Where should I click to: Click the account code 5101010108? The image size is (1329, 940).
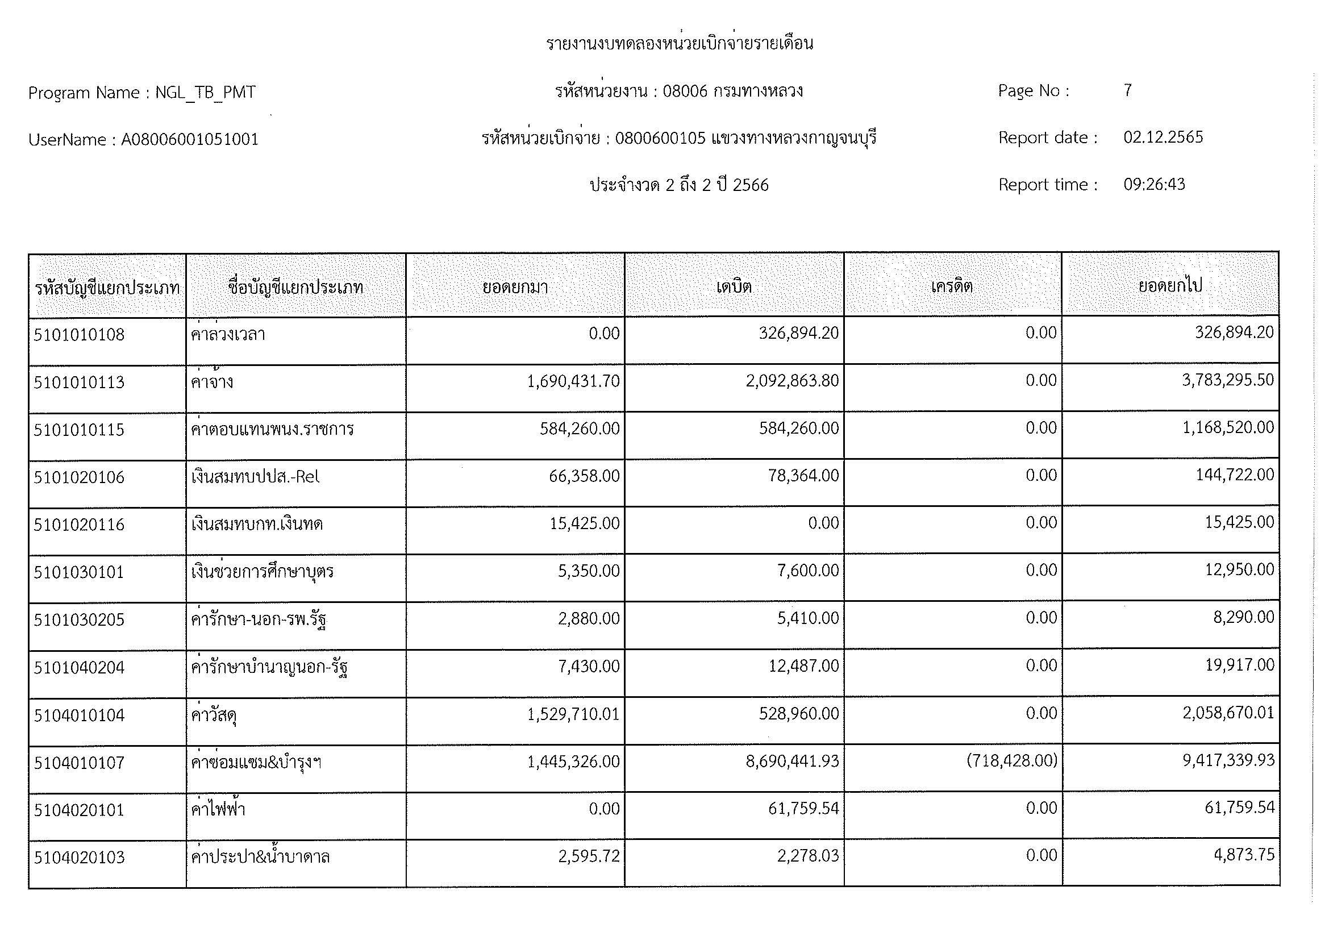79,335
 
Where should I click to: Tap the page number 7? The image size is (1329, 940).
1127,90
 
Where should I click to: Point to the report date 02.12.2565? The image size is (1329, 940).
1163,137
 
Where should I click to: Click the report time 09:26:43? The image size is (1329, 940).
1154,184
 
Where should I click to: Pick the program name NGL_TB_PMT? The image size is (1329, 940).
206,93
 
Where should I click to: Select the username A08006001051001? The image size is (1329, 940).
189,139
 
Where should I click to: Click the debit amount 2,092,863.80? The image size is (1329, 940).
792,381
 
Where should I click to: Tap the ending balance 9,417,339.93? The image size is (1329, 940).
1228,760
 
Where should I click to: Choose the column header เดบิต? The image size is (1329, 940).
734,286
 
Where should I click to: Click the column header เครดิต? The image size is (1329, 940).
952,286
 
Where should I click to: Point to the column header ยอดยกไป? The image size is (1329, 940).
1170,286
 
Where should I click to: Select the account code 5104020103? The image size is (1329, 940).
79,857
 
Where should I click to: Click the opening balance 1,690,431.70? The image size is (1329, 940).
573,381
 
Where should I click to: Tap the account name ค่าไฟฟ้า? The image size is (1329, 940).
218,809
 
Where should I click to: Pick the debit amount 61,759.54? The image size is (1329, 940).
803,808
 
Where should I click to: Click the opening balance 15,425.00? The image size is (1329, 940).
584,524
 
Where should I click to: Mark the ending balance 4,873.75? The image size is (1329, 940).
1244,855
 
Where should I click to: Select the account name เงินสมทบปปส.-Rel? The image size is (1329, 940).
255,477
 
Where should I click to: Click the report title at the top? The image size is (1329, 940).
680,43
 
